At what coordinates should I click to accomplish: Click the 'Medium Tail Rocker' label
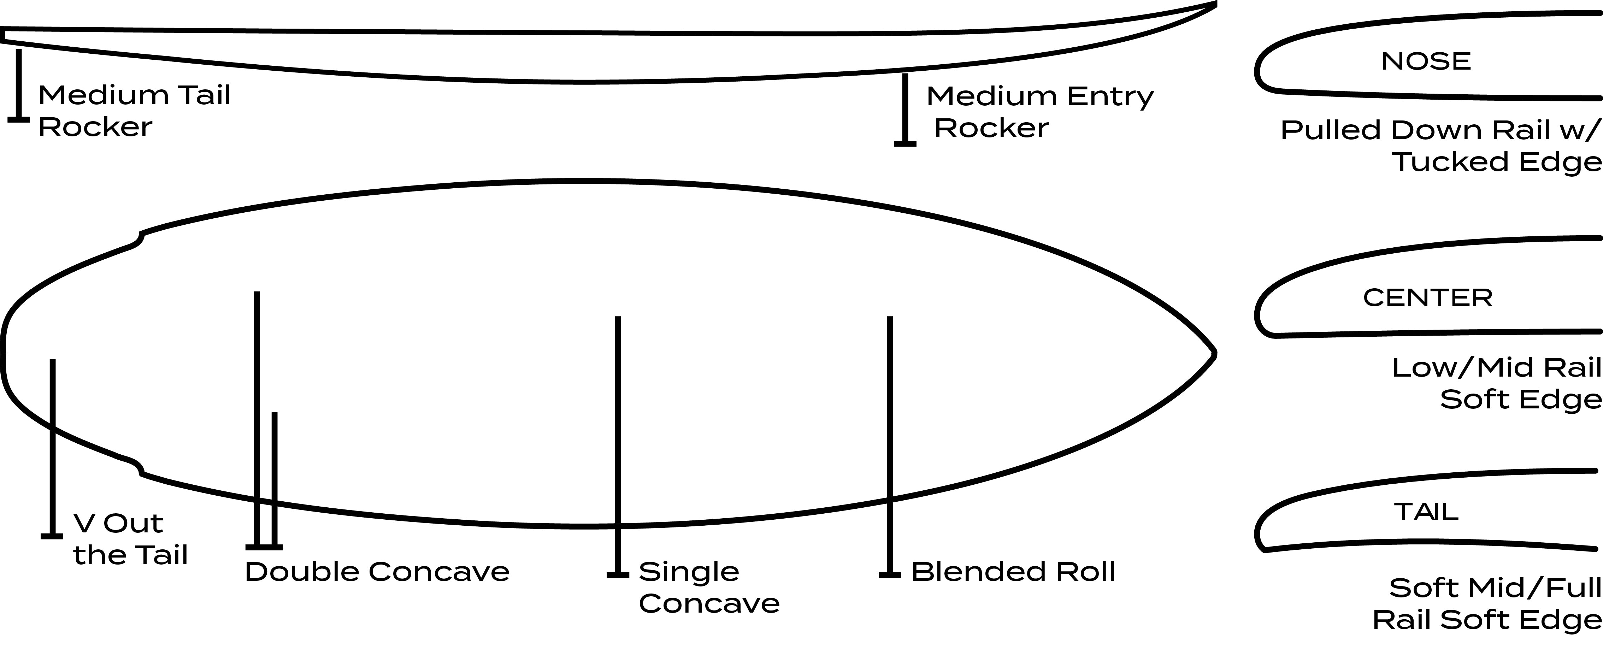click(x=134, y=111)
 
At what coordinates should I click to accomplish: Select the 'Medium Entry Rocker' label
click(x=1039, y=112)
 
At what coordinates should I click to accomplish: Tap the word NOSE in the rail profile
click(x=1426, y=61)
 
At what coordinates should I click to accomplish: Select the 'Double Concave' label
click(x=377, y=571)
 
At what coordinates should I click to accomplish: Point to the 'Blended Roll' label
click(x=1013, y=571)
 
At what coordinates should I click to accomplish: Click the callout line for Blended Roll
click(x=890, y=436)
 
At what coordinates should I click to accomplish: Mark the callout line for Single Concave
click(x=618, y=436)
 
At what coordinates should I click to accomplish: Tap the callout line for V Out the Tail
click(x=52, y=448)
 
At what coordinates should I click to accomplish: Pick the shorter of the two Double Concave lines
click(x=275, y=479)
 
